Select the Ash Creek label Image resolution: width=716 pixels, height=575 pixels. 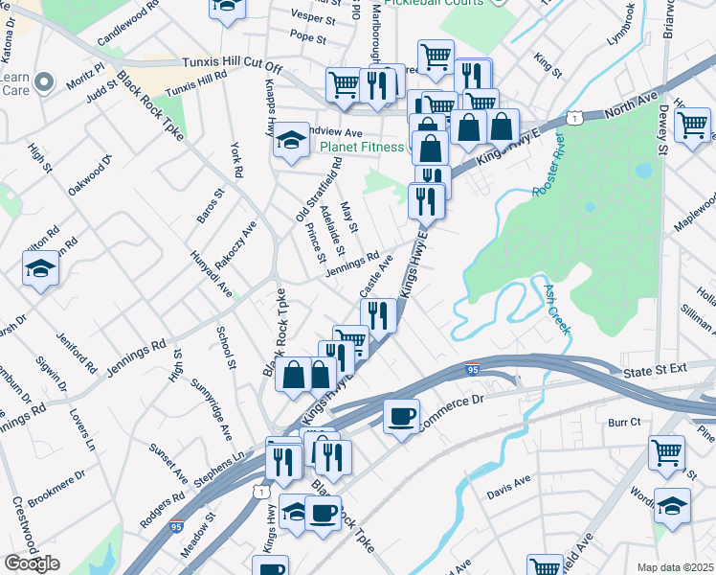(557, 308)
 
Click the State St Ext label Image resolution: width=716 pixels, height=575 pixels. (655, 369)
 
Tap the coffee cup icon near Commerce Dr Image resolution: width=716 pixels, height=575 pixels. (401, 416)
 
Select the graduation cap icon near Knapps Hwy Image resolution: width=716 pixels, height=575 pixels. (289, 142)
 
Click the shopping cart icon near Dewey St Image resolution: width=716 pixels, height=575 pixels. (692, 124)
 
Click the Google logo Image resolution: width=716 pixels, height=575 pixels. (33, 563)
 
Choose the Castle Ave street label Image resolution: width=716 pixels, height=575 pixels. (376, 276)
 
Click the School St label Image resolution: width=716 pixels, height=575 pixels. (227, 346)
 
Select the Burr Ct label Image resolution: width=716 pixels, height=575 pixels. (623, 421)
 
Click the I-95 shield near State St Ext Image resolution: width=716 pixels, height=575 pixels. (472, 369)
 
